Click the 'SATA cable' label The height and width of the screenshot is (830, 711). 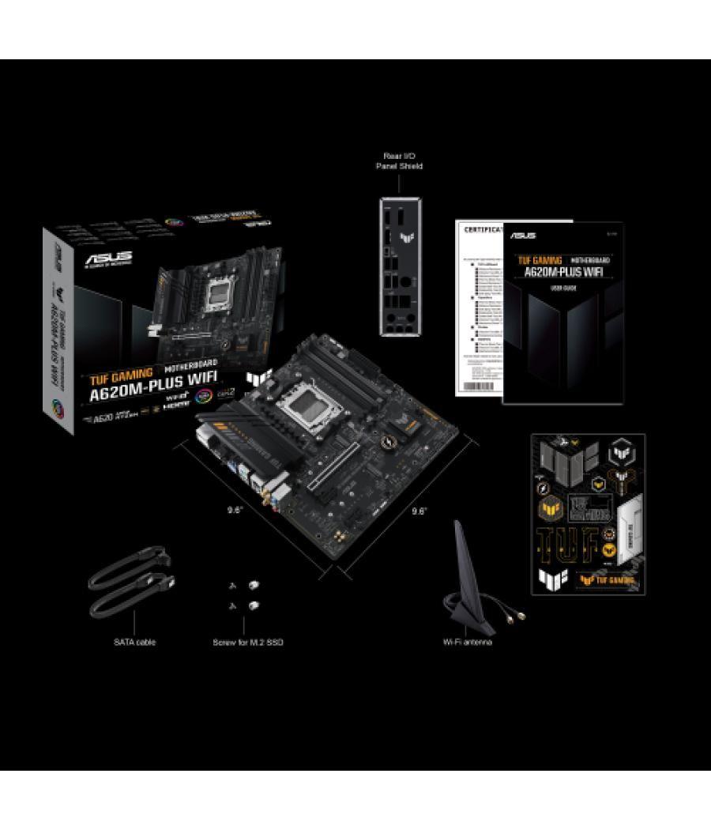coord(134,642)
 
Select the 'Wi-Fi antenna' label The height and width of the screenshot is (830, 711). coord(468,642)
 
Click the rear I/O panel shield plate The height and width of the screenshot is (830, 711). coord(400,269)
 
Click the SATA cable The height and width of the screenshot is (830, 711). coord(130,585)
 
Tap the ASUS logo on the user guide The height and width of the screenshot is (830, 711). coord(523,236)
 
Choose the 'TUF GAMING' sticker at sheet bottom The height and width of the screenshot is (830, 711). coord(608,579)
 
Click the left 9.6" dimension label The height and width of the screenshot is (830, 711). coord(235,510)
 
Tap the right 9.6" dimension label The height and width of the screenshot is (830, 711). coord(419,510)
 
